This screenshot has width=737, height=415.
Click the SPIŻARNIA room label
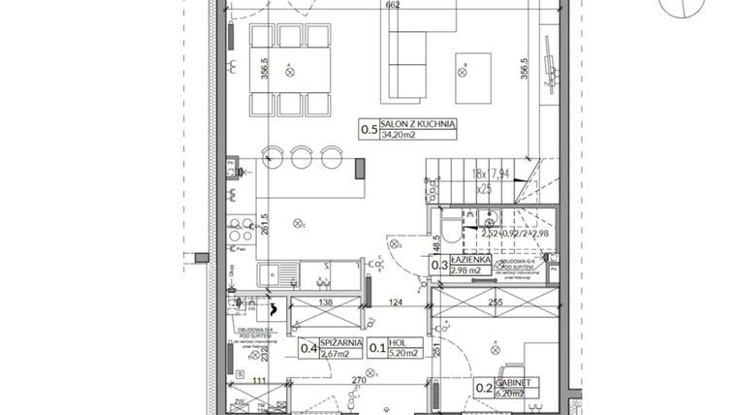(344, 343)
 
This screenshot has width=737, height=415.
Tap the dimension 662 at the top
(366, 6)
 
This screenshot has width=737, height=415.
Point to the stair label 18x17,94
(492, 174)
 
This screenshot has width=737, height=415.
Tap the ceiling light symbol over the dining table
(290, 70)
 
